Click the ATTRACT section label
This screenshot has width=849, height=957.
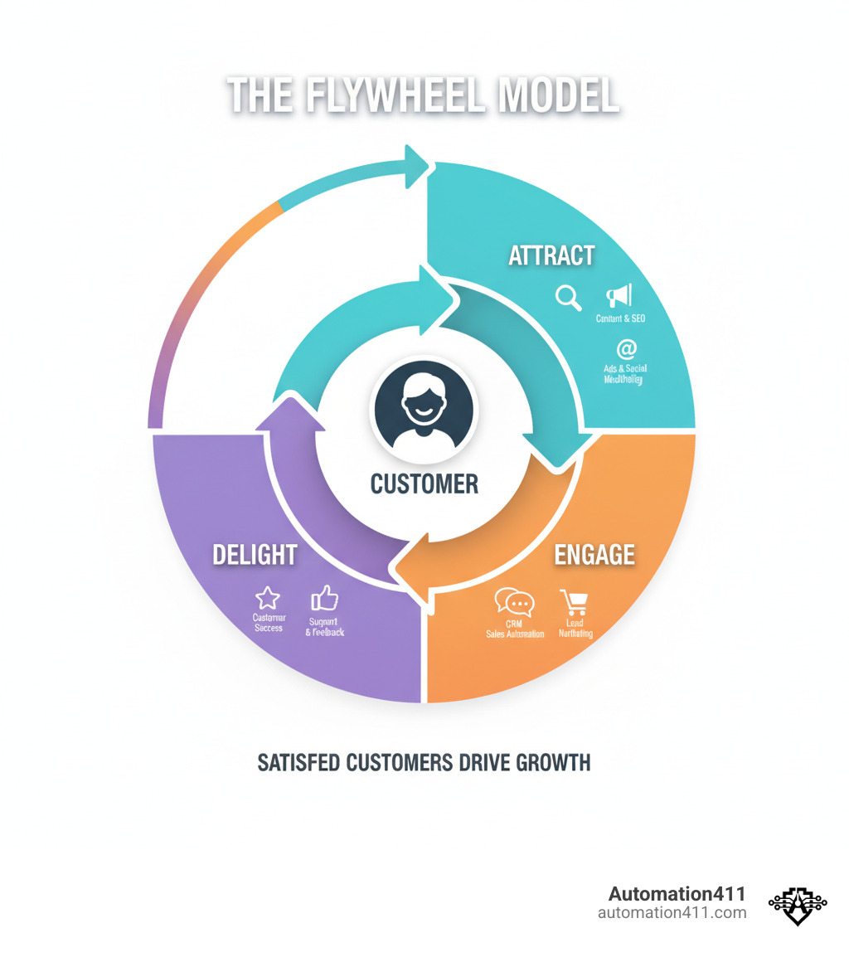551,255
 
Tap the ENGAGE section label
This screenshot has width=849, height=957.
594,554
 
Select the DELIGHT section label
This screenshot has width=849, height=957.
255,554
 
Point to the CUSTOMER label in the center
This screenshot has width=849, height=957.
424,483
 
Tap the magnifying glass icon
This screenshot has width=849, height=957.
569,297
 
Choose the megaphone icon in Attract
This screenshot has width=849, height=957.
619,295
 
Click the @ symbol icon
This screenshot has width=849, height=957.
626,349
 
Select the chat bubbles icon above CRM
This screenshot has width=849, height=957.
514,602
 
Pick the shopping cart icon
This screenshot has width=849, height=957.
574,602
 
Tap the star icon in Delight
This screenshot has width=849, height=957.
268,598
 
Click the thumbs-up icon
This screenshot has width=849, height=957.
324,598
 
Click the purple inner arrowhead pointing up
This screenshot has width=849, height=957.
289,411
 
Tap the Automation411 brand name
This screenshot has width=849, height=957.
677,894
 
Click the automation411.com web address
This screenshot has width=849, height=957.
672,913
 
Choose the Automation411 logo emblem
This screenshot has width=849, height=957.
798,904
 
